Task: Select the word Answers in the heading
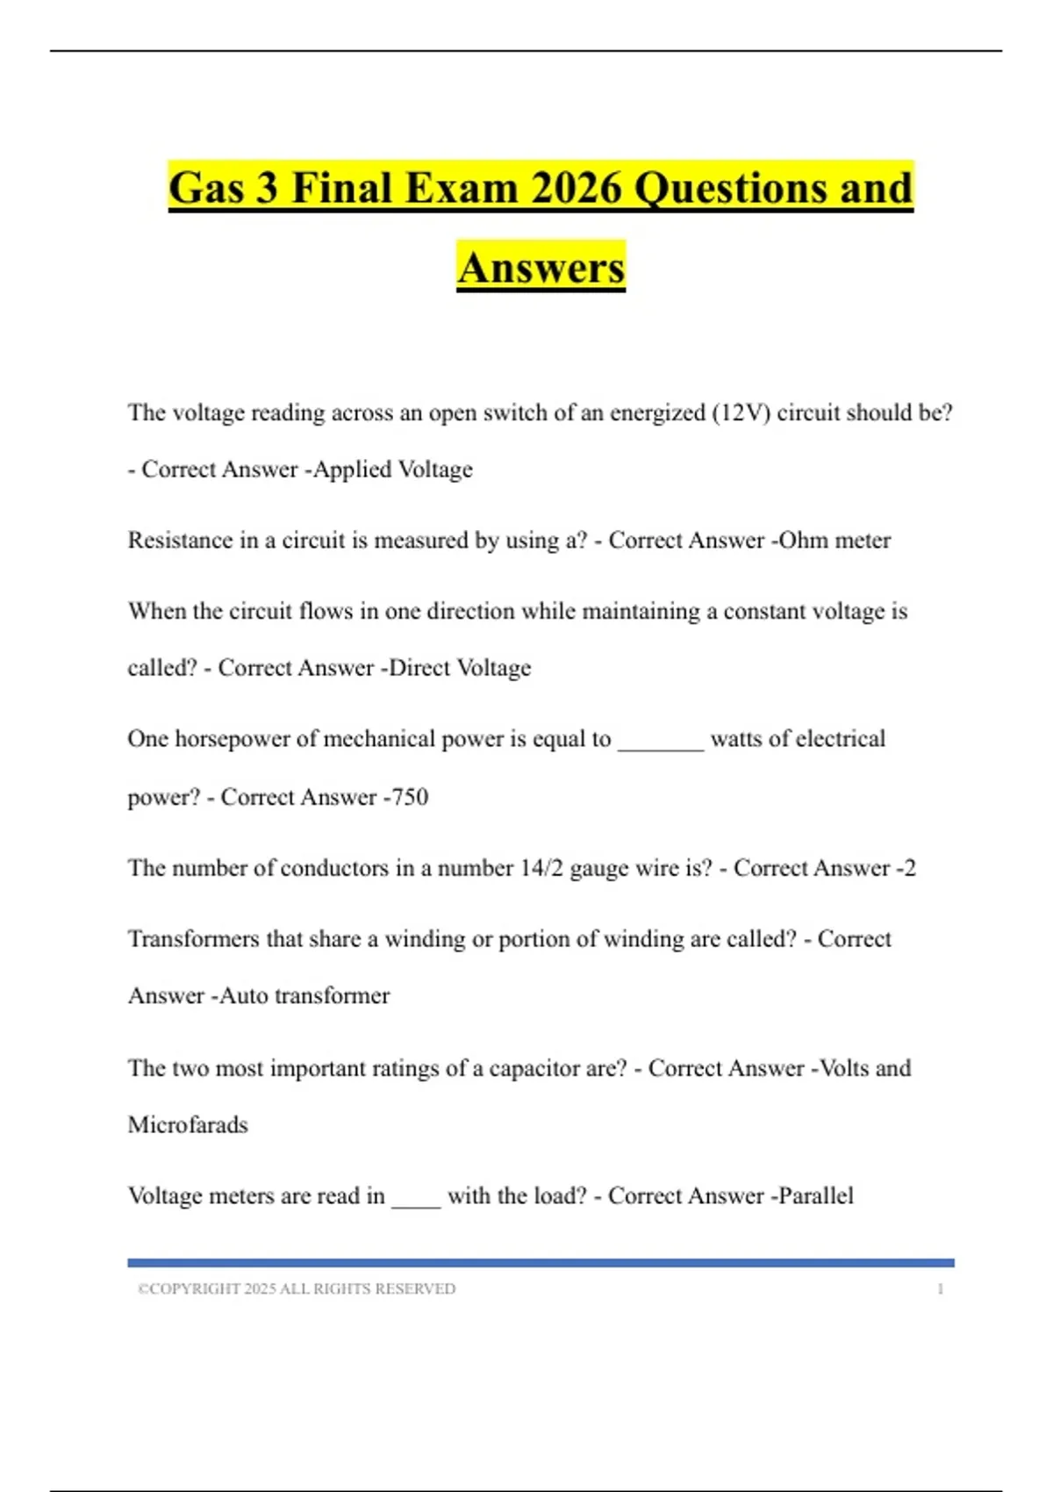tap(541, 268)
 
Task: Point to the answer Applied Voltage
tap(393, 470)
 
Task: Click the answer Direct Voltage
tap(460, 668)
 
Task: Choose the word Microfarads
tap(188, 1125)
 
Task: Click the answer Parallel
tap(816, 1196)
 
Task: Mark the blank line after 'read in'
tap(416, 1205)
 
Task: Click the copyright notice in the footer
tap(297, 1288)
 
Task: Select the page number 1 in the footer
tap(941, 1288)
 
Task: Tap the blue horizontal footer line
tap(541, 1263)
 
